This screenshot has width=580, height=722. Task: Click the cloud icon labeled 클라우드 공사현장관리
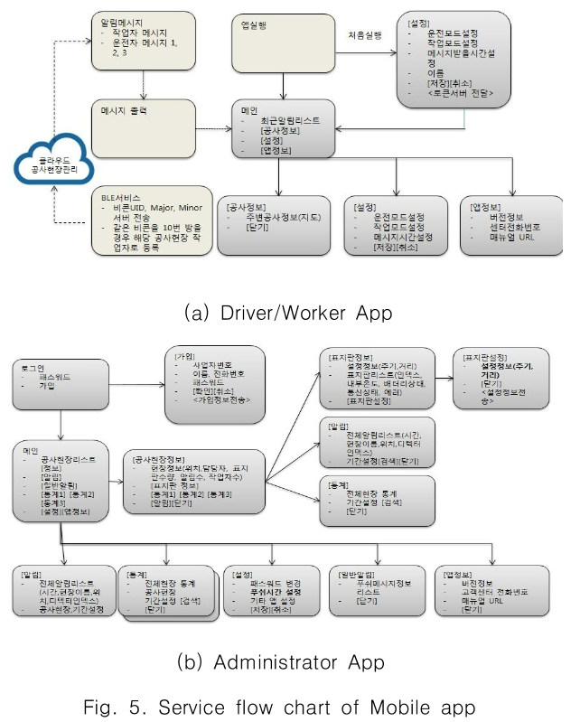click(x=43, y=164)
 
